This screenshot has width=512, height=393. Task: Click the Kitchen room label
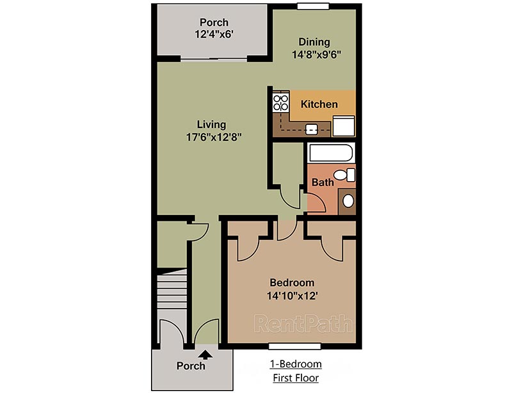tap(319, 104)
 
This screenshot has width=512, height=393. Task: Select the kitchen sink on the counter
tap(312, 129)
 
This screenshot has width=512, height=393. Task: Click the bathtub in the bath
tap(330, 154)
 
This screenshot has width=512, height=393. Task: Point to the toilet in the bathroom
tap(346, 175)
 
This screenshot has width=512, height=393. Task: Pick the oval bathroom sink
tap(348, 202)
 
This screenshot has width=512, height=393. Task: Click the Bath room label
tap(323, 182)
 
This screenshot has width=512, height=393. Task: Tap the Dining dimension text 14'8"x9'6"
tap(314, 54)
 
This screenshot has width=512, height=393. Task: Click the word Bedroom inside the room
tap(292, 282)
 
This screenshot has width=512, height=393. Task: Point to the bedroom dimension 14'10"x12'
tap(292, 296)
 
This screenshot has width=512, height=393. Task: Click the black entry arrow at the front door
tap(206, 353)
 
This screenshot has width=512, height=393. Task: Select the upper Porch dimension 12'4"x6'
tap(213, 35)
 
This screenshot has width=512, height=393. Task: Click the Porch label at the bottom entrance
tap(191, 366)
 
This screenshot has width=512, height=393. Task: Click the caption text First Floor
tap(295, 378)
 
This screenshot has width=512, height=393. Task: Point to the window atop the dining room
tap(314, 6)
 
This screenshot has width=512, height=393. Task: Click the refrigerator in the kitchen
tap(343, 126)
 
